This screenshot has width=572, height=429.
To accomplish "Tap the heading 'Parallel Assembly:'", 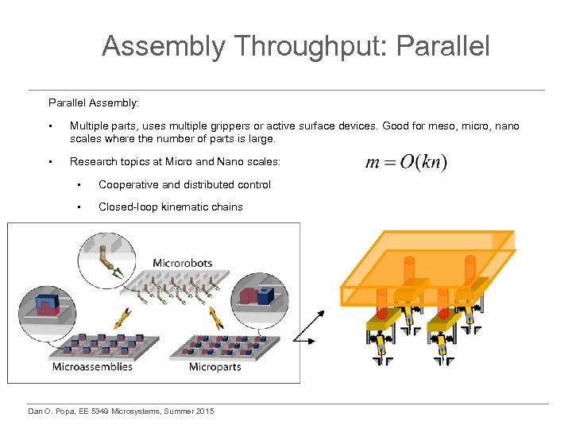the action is click(94, 102).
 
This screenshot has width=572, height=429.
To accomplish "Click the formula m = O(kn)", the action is click(406, 162).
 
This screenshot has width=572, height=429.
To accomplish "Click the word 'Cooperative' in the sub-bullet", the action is click(128, 184).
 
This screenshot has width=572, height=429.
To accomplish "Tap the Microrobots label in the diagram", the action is click(184, 263).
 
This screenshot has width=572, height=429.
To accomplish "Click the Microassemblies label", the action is click(92, 366).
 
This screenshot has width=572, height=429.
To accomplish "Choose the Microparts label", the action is click(215, 366).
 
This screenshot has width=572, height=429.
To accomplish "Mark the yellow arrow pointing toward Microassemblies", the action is click(123, 319).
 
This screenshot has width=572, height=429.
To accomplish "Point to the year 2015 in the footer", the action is click(203, 410).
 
